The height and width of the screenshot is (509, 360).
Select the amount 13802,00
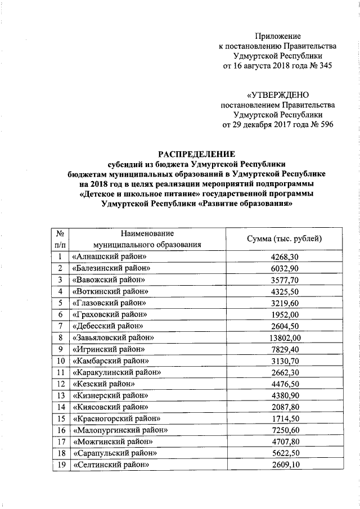pyautogui.click(x=285, y=337)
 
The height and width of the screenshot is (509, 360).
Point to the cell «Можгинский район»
pyautogui.click(x=109, y=442)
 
